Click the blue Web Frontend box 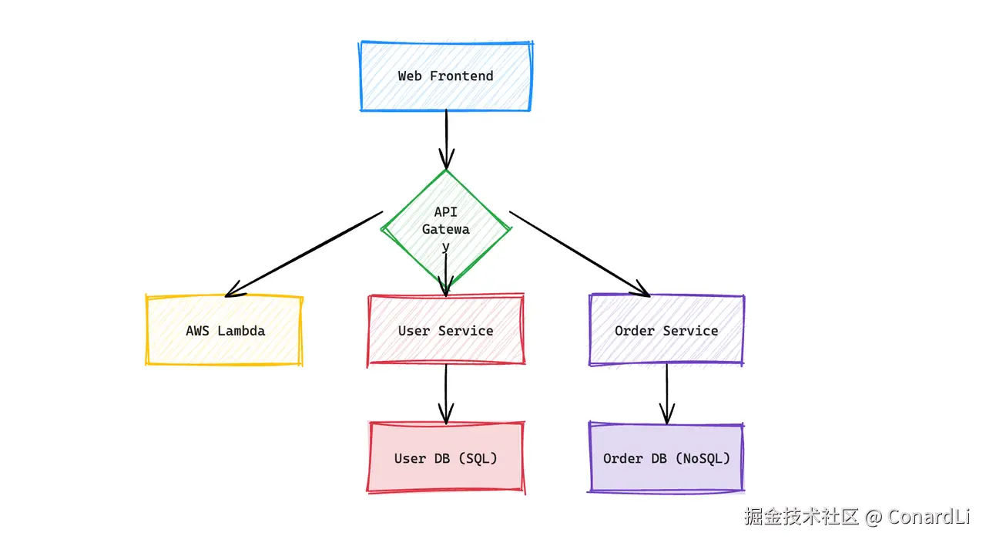click(x=446, y=76)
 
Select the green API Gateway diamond click(x=446, y=229)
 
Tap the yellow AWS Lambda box click(x=224, y=330)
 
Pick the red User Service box click(x=446, y=330)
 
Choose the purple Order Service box click(x=666, y=330)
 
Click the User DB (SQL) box click(x=446, y=458)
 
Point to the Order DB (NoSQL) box click(x=666, y=458)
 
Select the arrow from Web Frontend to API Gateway click(x=446, y=140)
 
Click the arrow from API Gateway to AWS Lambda click(x=304, y=255)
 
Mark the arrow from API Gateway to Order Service click(x=580, y=255)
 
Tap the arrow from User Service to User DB click(x=446, y=394)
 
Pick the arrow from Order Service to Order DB click(x=667, y=394)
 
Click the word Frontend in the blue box click(x=461, y=76)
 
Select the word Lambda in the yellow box click(x=241, y=331)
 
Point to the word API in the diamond click(x=446, y=212)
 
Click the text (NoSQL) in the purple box click(x=703, y=458)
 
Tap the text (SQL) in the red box click(x=478, y=458)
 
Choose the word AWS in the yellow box click(x=197, y=331)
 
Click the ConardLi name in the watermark click(x=929, y=517)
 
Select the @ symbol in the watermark click(x=873, y=518)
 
